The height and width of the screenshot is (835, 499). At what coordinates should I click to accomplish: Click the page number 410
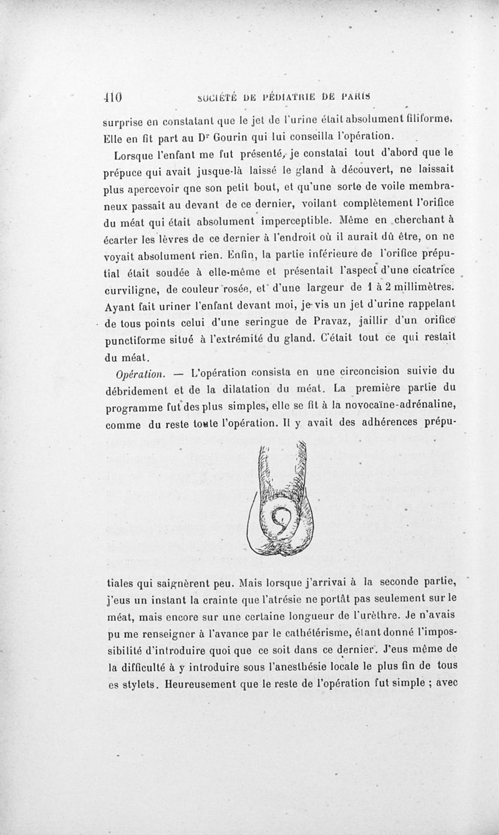point(112,97)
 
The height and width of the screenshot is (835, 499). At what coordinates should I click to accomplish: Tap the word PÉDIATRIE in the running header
point(291,97)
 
